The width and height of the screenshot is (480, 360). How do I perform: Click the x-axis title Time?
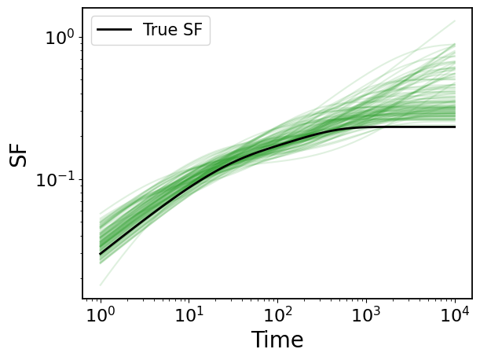(277, 340)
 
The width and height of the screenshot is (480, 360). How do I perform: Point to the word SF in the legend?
(195, 31)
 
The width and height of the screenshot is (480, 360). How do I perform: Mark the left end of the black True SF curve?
(101, 254)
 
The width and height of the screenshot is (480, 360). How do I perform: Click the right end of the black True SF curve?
(455, 127)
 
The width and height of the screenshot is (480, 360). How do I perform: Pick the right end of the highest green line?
(455, 21)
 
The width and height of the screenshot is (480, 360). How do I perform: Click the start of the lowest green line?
(101, 285)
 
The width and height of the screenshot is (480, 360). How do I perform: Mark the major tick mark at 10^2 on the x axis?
(277, 299)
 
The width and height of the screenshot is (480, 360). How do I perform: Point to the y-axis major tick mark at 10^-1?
(82, 179)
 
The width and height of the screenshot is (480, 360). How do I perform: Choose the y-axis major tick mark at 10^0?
(82, 37)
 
